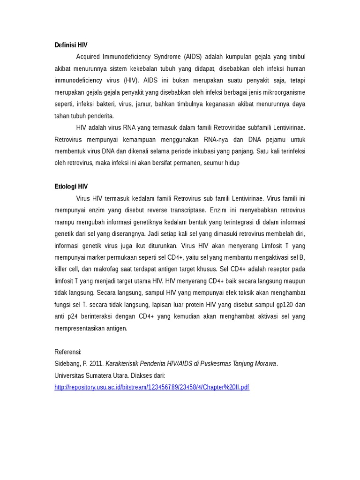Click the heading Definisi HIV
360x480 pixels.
click(x=71, y=45)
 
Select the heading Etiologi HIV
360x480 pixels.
click(x=71, y=186)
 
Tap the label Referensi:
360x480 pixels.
click(x=68, y=352)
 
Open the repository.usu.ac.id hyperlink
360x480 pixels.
click(x=152, y=387)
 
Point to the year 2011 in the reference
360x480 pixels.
click(x=97, y=364)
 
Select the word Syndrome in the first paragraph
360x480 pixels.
click(x=167, y=57)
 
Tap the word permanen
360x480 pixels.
click(x=186, y=163)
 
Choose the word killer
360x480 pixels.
click(x=62, y=269)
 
